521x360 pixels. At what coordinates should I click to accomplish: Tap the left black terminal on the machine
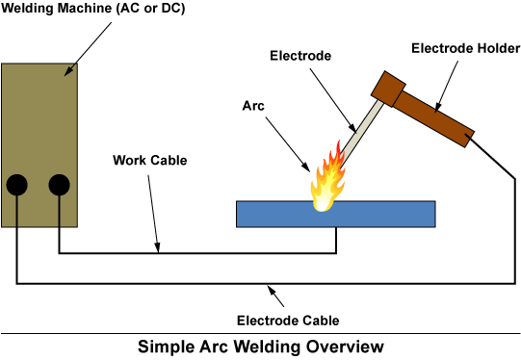point(17,184)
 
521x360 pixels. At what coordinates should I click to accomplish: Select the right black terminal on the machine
point(60,184)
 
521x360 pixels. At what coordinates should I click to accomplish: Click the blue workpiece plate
point(385,214)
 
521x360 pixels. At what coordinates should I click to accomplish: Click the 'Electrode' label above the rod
point(300,56)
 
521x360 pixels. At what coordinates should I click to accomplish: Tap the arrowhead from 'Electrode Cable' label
point(273,289)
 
